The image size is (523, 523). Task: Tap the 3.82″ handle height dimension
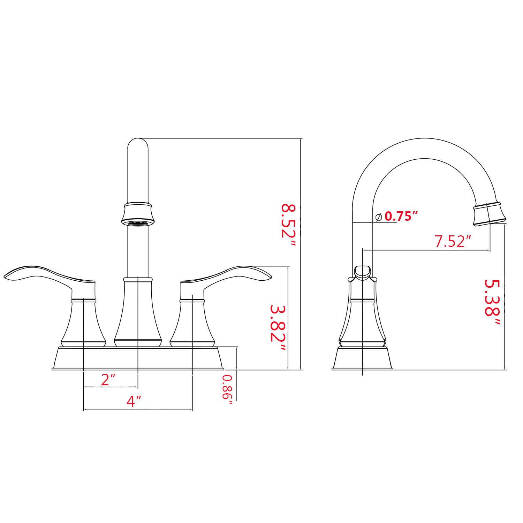coord(278,328)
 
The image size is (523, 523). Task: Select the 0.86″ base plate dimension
coord(227,390)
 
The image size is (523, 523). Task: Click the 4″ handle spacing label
coord(134,401)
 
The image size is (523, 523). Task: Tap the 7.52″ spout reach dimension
coord(453,241)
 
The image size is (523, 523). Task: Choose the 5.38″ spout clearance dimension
coord(492,302)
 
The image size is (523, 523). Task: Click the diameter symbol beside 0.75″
coord(379,217)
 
